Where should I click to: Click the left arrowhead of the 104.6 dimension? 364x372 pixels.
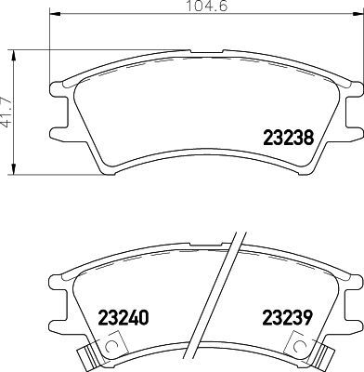point(49,17)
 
